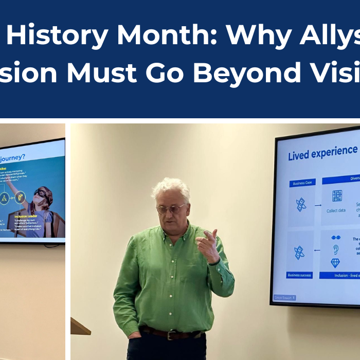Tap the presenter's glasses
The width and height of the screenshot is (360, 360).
click(x=171, y=209)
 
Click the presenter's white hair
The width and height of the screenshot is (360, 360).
click(x=172, y=188)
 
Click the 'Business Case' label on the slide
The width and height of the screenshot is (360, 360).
click(x=302, y=183)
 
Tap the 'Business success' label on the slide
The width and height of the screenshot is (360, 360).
click(x=300, y=275)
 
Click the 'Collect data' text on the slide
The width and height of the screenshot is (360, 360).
click(x=336, y=210)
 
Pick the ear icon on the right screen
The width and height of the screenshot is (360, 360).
click(x=335, y=249)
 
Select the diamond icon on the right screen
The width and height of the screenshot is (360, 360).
click(x=335, y=263)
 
